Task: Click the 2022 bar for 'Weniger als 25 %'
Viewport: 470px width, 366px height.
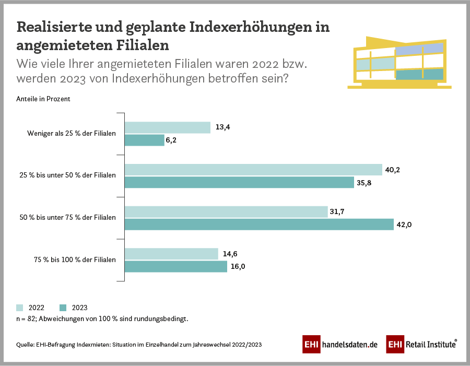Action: [x=167, y=127]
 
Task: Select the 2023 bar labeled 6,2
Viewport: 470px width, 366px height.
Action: [x=144, y=140]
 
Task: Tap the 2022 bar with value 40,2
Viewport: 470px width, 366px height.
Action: [x=253, y=170]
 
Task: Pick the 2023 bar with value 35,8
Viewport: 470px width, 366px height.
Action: [x=239, y=182]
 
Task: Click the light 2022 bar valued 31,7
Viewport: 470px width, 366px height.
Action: [x=226, y=211]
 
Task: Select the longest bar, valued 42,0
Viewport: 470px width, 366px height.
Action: [x=259, y=224]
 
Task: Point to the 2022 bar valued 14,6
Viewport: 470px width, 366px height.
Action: [x=171, y=254]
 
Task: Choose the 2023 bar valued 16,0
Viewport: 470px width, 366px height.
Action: [x=175, y=266]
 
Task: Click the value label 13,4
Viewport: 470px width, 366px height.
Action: [x=222, y=127]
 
